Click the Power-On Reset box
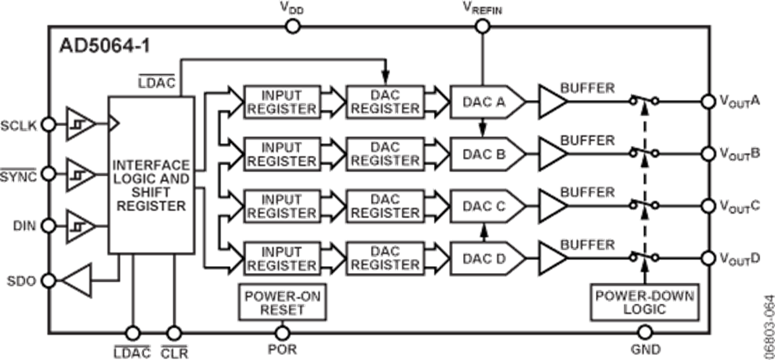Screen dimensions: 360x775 click(281, 301)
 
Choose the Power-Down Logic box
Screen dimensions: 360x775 click(646, 301)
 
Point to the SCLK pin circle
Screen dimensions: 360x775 click(50, 124)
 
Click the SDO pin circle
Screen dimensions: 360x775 click(50, 281)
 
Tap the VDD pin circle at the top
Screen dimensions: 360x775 click(293, 26)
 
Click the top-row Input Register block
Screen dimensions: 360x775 click(282, 102)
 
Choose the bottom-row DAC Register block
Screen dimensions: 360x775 click(384, 256)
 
